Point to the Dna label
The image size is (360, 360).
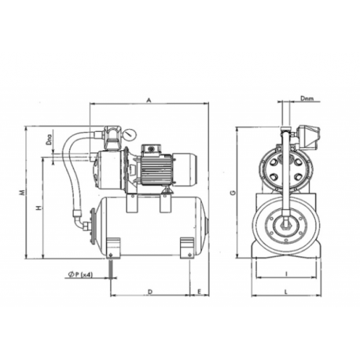click(50, 143)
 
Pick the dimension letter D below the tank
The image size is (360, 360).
click(149, 291)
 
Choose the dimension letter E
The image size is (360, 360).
click(202, 291)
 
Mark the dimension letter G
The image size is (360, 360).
click(233, 191)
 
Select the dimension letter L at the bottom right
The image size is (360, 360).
click(286, 292)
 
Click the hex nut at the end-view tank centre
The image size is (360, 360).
click(285, 228)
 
